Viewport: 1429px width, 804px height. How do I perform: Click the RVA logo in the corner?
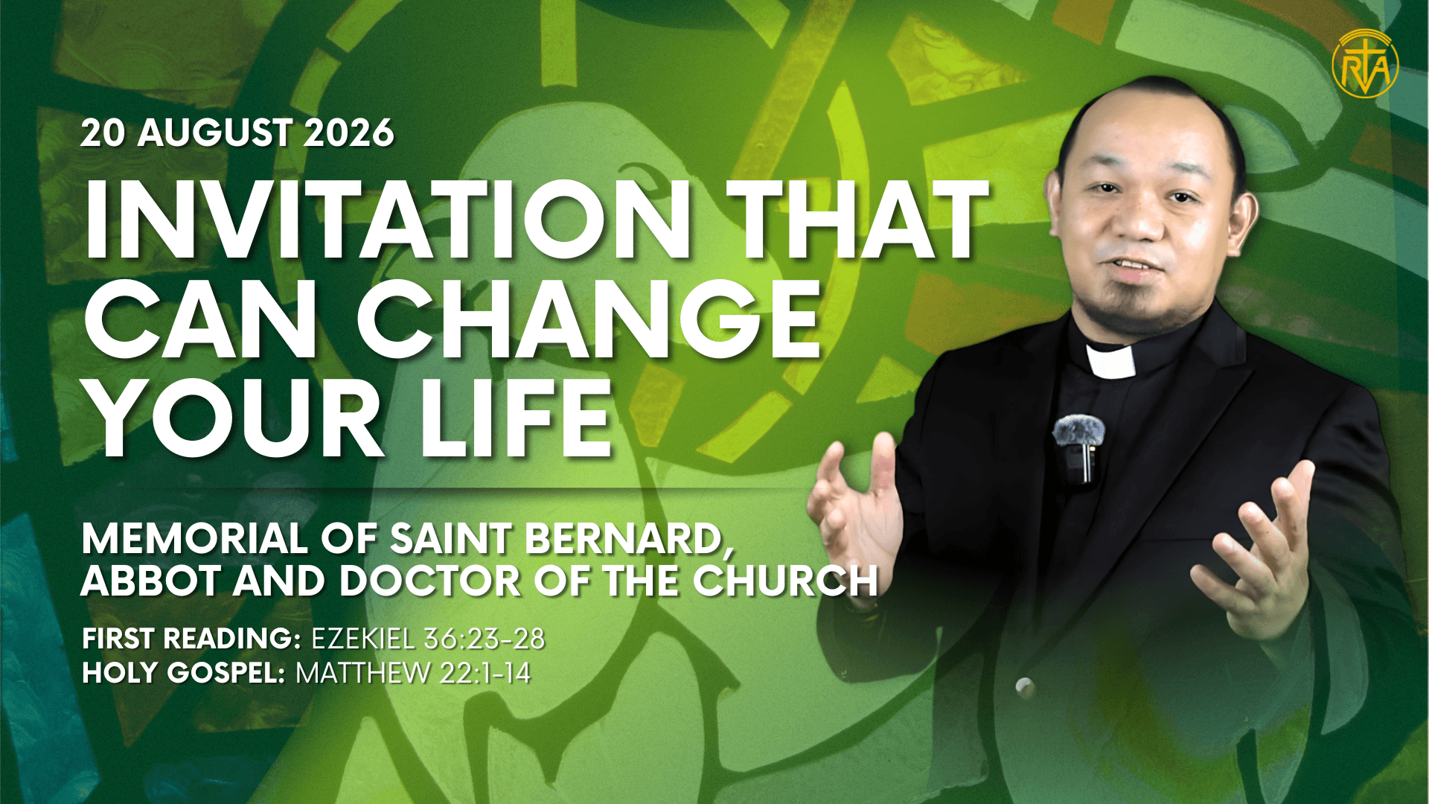[x=1365, y=65]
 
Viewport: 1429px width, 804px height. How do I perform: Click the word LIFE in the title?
[x=516, y=418]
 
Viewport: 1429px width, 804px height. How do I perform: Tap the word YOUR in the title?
[x=234, y=418]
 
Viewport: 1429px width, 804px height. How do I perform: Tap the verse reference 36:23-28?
[x=484, y=639]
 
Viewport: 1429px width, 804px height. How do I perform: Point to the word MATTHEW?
[x=362, y=673]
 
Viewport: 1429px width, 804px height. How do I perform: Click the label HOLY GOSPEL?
[x=183, y=673]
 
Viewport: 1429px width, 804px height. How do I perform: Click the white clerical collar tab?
[x=1110, y=361]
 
